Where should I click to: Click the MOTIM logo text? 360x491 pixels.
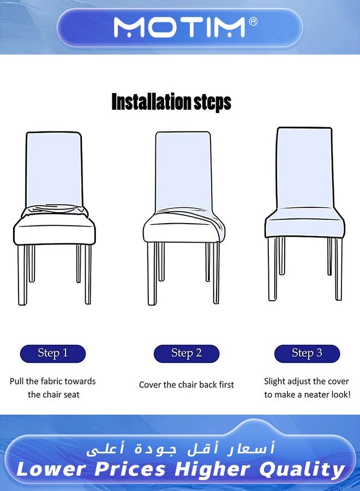[179, 27]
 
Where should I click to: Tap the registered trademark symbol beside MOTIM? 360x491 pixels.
[253, 21]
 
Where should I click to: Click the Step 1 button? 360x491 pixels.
[53, 354]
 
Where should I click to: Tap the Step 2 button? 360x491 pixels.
[187, 354]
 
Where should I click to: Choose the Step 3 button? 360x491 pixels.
[307, 354]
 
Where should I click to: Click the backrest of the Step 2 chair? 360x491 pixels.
[183, 169]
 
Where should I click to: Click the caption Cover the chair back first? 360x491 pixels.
[187, 385]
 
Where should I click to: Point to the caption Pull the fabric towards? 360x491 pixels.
[53, 381]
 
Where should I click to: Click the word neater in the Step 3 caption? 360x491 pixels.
[306, 394]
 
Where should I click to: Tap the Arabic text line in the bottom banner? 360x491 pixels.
[179, 448]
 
